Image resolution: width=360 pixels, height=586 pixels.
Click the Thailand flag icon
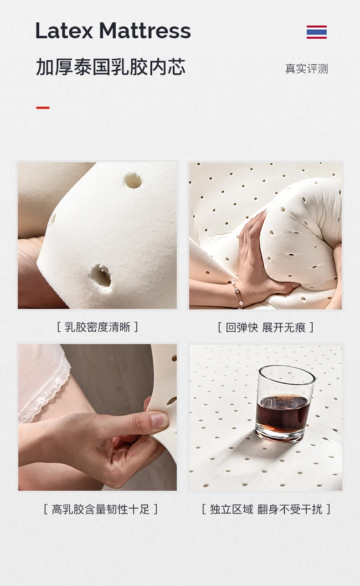point(317,32)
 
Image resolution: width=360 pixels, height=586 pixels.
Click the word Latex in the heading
point(64,31)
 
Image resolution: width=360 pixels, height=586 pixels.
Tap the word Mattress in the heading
point(145,31)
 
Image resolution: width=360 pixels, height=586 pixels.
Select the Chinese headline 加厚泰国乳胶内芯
point(110,67)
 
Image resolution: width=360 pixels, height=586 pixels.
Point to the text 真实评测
point(306,68)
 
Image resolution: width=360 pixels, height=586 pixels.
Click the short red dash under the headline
point(43,108)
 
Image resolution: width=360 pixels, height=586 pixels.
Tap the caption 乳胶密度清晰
point(98,327)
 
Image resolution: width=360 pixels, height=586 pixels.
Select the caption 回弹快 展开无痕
point(266,327)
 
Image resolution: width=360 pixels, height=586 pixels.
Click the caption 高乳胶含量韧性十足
point(101,509)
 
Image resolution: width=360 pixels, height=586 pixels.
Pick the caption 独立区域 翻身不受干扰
point(266,509)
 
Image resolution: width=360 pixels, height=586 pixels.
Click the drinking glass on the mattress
point(285,403)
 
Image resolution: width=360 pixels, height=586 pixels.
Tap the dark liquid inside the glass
point(283,414)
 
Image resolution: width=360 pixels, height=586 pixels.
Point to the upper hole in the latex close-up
point(133,180)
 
